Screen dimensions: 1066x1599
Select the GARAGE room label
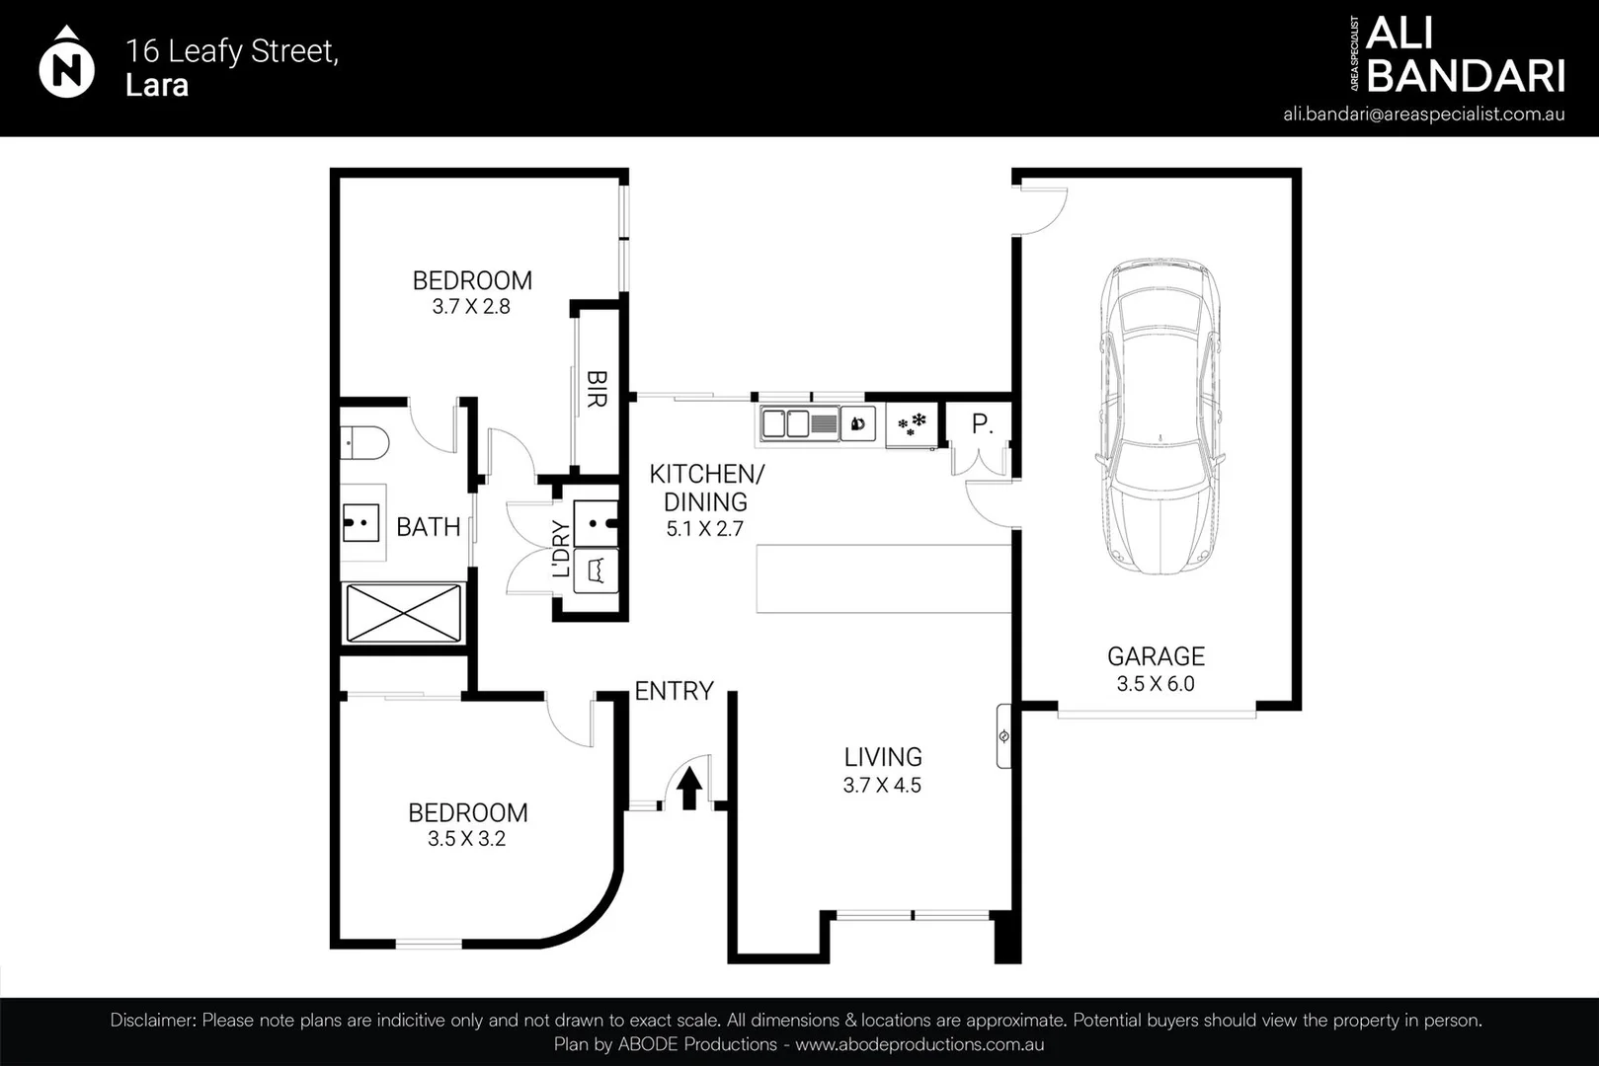coord(1156,656)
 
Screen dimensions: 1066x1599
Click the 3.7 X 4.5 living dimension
coord(882,786)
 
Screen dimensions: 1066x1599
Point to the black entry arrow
coord(689,789)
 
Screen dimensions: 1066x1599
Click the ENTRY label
coord(674,691)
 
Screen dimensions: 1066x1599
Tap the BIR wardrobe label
coord(597,389)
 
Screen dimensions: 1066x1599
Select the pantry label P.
coord(981,424)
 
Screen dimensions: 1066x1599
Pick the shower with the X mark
coord(403,613)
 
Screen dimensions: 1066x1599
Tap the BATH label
coord(428,527)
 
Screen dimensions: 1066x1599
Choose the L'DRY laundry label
coord(561,549)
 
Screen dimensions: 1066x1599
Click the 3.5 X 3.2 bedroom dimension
coord(466,839)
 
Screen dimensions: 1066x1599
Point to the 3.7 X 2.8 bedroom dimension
coord(471,307)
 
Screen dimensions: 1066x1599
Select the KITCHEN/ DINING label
coord(705,488)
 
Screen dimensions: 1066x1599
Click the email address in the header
coord(1423,114)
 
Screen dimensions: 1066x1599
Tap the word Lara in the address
coord(156,86)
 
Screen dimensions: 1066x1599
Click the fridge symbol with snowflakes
coord(911,425)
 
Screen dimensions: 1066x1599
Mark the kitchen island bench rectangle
coord(883,578)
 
